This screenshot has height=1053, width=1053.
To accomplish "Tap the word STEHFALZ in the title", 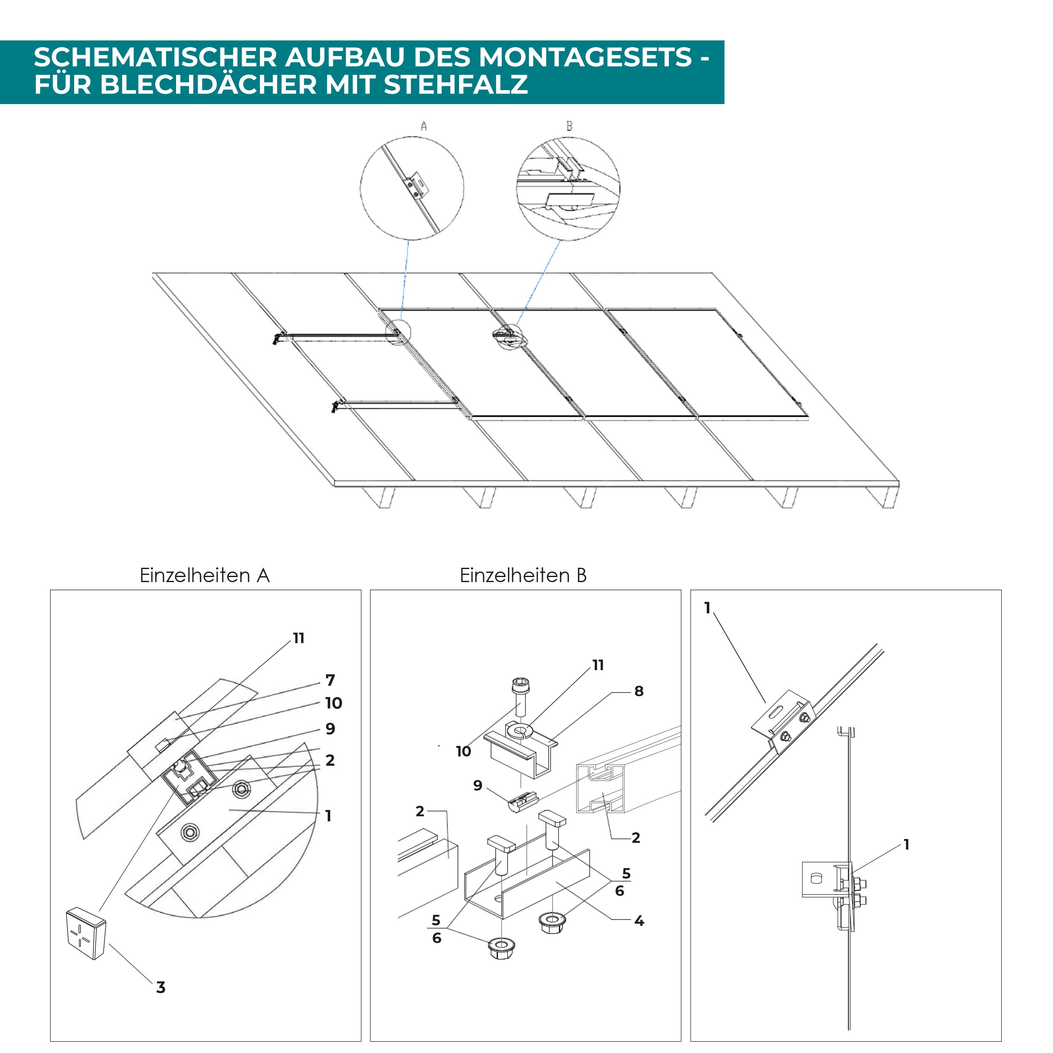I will pos(456,85).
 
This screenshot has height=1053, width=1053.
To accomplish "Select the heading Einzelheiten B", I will pos(523,575).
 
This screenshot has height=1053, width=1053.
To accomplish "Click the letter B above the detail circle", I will pos(569,126).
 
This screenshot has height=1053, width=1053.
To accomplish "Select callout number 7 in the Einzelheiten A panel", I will pos(330,680).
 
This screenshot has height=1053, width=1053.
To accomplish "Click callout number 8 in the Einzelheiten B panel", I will pos(639,691).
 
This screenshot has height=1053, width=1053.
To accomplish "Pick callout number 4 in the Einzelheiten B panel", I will pos(639,921).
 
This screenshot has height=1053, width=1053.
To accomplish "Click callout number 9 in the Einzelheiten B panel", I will pos(478,786).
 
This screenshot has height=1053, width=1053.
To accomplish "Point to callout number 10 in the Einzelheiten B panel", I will pos(463,751).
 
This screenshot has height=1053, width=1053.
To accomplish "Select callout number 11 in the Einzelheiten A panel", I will pos(299,638).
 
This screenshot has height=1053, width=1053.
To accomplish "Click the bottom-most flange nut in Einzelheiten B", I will pos(501,949).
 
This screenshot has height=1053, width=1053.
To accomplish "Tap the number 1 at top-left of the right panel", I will pos(708,607).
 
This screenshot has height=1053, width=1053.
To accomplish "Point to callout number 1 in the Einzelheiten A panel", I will pos(328,816).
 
